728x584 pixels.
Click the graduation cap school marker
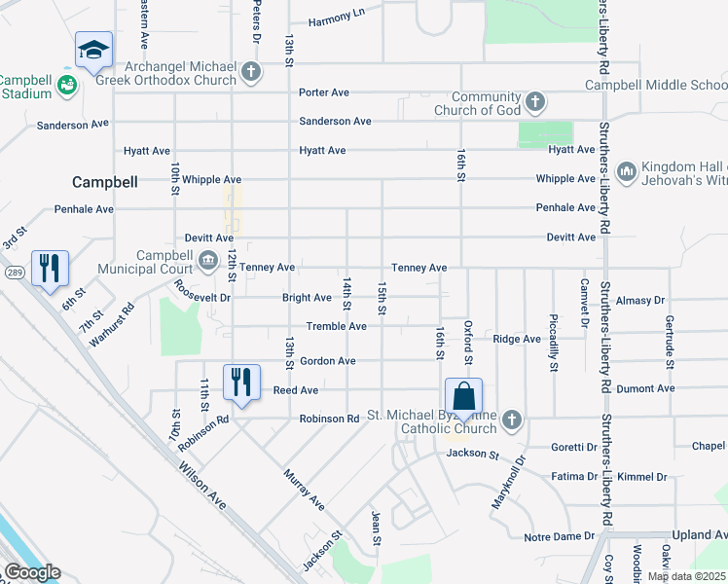pyautogui.click(x=93, y=51)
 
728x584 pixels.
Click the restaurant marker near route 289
pyautogui.click(x=50, y=268)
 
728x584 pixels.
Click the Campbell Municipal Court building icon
pyautogui.click(x=208, y=261)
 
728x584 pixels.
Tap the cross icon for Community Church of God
pyautogui.click(x=534, y=101)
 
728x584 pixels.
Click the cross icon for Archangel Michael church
pyautogui.click(x=251, y=71)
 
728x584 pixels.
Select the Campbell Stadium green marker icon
pyautogui.click(x=67, y=86)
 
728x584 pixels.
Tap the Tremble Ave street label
pyautogui.click(x=336, y=327)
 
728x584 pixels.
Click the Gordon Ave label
pyautogui.click(x=327, y=361)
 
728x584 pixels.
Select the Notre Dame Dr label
pyautogui.click(x=559, y=536)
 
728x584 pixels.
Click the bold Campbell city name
pyautogui.click(x=105, y=182)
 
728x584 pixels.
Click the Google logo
pyautogui.click(x=31, y=573)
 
